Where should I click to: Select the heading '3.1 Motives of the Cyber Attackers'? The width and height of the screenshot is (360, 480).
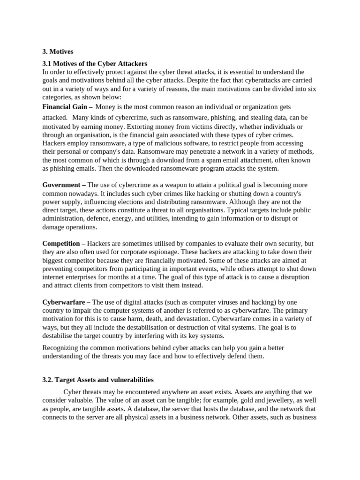tap(95, 63)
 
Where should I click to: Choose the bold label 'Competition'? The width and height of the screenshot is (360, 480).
tap(62, 244)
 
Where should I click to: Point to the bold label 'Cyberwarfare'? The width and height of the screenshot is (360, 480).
tap(63, 302)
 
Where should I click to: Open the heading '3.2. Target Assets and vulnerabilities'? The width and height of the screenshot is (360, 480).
tap(98, 380)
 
